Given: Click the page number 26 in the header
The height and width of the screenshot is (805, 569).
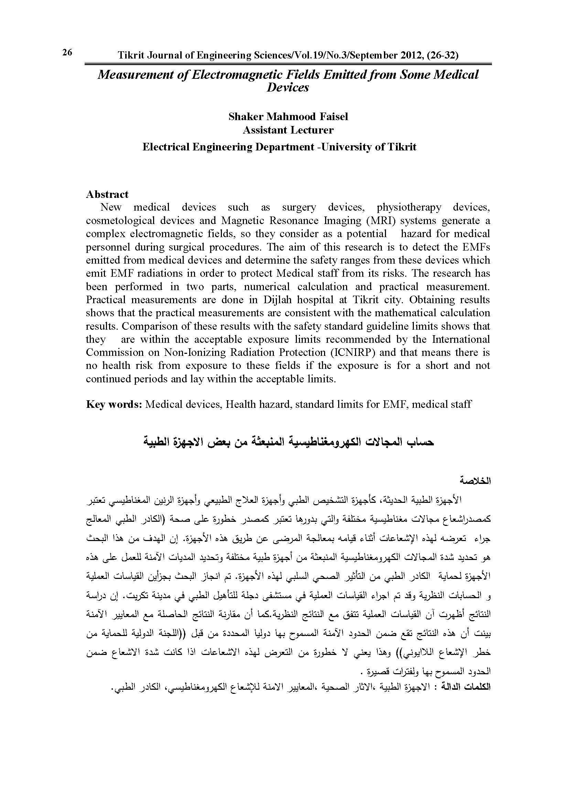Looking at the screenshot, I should coord(67,53).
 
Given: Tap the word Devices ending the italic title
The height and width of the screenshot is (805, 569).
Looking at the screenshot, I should coord(288,87).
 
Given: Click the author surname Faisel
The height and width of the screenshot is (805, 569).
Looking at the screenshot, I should coord(333,116).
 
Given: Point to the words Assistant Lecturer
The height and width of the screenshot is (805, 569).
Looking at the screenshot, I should coord(288,130).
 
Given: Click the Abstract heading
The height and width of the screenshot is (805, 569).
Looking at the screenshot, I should coord(107,194).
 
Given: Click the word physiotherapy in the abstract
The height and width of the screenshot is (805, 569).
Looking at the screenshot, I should coord(409,207).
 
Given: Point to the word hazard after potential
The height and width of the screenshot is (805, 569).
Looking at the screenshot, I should coord(415,234).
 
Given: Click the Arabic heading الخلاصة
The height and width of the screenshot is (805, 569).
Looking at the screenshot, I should coord(481,481).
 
